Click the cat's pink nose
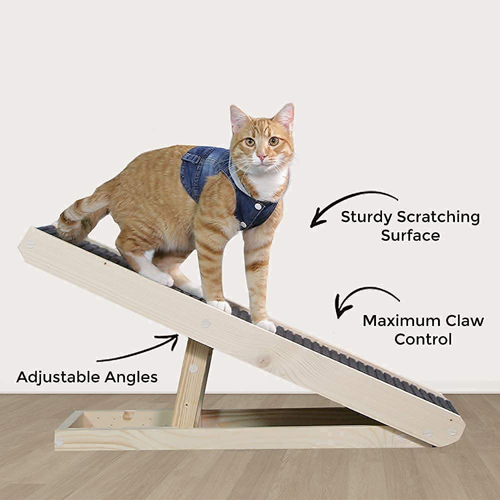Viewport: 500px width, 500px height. pyautogui.click(x=261, y=157)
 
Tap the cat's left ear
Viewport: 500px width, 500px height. pyautogui.click(x=286, y=117)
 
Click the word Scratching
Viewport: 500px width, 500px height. pyautogui.click(x=438, y=217)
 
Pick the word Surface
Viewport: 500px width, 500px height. pyautogui.click(x=410, y=235)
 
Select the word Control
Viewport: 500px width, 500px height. pyautogui.click(x=423, y=339)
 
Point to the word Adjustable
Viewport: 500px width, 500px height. pyautogui.click(x=58, y=377)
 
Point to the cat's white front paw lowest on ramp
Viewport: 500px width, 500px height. pyautogui.click(x=266, y=325)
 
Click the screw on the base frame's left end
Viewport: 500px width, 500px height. pyautogui.click(x=59, y=442)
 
